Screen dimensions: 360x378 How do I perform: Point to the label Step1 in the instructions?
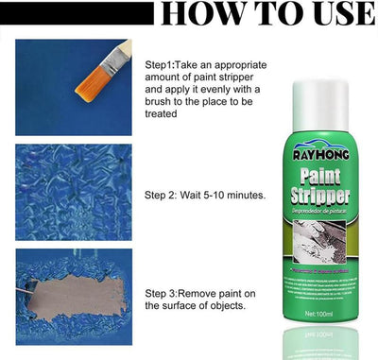click(x=163, y=63)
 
